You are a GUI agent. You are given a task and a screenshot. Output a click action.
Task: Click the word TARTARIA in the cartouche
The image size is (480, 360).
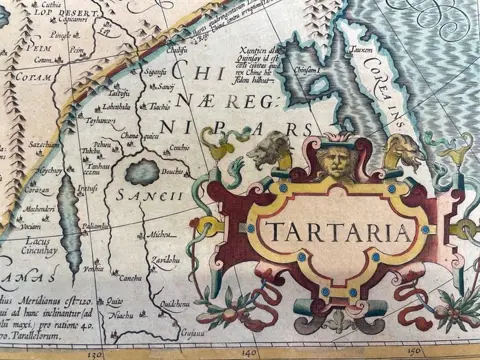click(337, 233)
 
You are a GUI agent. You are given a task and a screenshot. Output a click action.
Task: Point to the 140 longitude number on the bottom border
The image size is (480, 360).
click(251, 354)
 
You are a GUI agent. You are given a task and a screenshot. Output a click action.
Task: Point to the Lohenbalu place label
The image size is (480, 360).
click(117, 107)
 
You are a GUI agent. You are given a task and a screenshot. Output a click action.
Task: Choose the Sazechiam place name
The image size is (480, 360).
click(43, 145)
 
